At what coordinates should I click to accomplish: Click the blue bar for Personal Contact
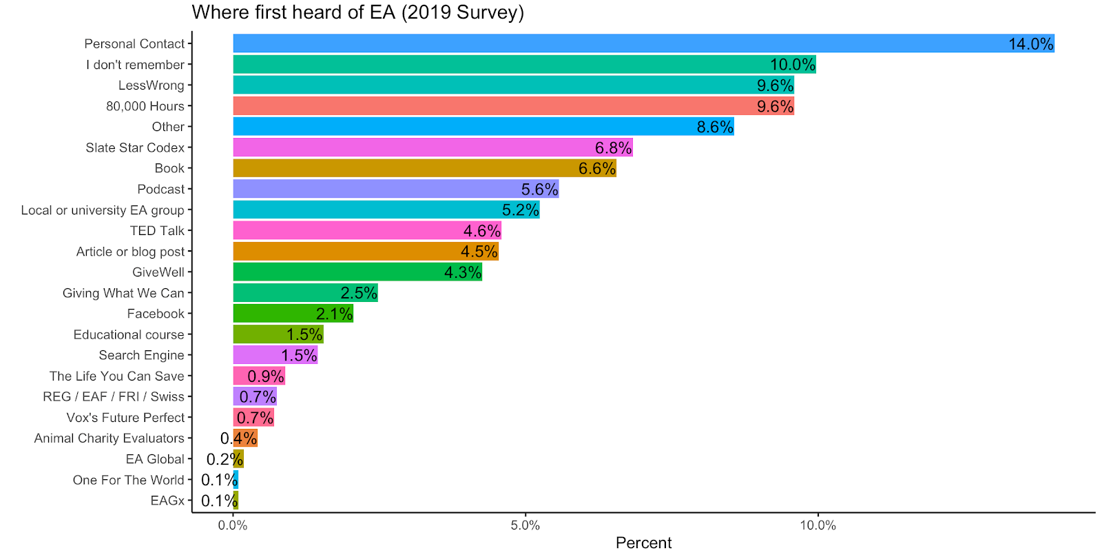(620, 43)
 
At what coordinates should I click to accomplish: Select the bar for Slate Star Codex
(413, 148)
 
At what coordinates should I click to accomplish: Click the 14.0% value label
(1030, 44)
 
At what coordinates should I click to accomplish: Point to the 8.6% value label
(715, 127)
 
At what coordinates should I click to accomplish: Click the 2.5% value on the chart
(359, 293)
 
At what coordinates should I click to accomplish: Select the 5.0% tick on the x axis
(526, 525)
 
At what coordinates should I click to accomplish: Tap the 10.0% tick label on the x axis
(818, 525)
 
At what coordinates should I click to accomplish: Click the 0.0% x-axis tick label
(233, 525)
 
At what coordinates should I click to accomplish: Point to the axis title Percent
(643, 543)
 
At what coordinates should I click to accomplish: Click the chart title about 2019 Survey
(357, 12)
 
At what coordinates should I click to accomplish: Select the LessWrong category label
(152, 85)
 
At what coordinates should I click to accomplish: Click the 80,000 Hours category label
(145, 106)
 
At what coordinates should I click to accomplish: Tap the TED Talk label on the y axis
(157, 231)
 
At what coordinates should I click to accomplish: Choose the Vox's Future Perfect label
(125, 418)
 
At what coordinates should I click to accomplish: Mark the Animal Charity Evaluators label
(110, 438)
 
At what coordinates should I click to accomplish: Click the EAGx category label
(167, 501)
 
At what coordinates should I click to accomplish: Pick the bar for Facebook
(275, 314)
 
